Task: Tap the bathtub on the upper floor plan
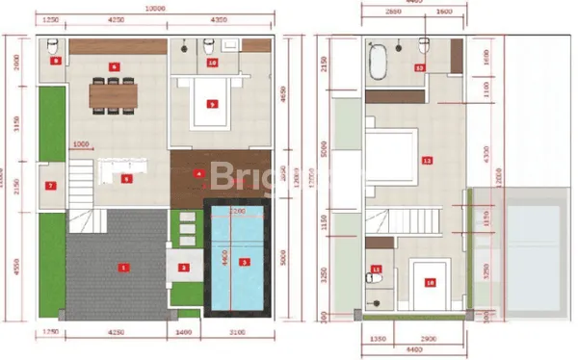point(379,63)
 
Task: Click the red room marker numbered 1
point(122,267)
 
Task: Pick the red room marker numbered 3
point(244,262)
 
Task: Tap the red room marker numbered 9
point(210,103)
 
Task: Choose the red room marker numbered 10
point(212,63)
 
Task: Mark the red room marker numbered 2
point(184,267)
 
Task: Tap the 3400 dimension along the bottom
point(187,332)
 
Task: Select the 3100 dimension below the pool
point(238,332)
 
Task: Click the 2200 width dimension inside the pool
point(237,212)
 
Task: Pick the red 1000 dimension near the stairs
point(82,145)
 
